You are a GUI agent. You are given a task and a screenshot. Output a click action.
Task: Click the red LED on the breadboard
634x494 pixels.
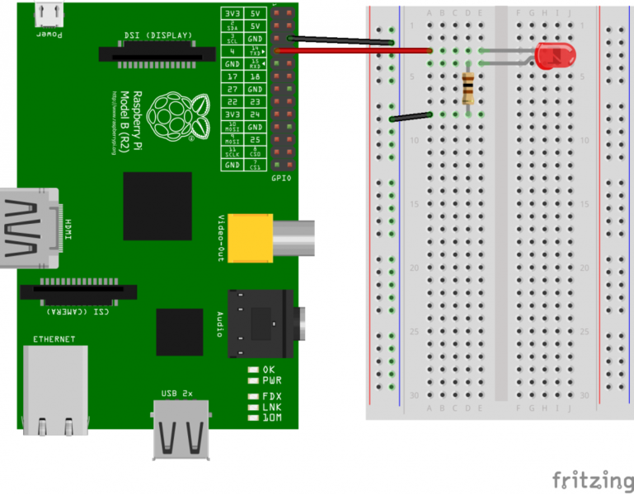pos(555,56)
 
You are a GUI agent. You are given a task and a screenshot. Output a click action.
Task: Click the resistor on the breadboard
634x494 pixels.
pos(469,86)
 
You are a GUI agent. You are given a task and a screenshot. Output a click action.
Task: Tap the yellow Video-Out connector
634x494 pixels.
pos(250,235)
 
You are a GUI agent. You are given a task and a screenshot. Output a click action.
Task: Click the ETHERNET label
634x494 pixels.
pos(54,339)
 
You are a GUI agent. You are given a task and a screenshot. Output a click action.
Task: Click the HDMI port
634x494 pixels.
pos(30,228)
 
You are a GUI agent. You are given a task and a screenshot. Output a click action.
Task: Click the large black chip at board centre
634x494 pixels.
pos(157,206)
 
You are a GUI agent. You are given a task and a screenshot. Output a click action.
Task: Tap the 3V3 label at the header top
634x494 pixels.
pos(233,13)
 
